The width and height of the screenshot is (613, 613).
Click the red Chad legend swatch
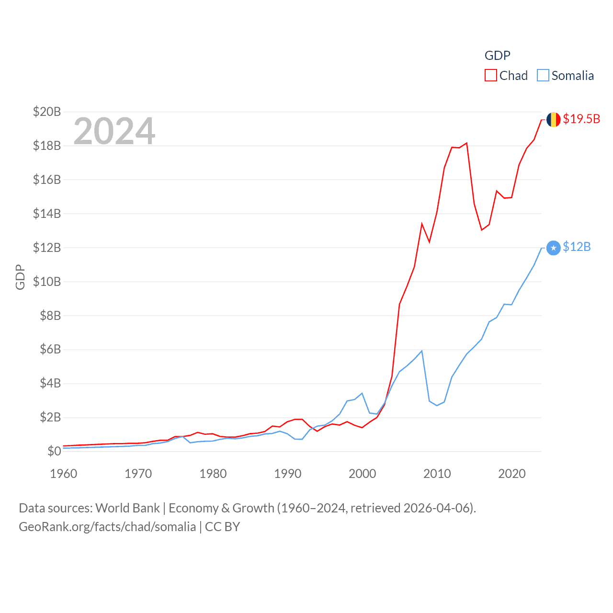(490, 76)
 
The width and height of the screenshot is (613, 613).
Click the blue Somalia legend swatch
(543, 76)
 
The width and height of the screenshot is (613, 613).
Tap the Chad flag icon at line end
(553, 120)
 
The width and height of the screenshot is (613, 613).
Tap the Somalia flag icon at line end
(553, 248)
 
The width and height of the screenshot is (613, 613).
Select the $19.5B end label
(581, 119)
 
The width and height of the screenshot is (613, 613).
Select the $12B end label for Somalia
(577, 247)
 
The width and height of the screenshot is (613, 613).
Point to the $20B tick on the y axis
(47, 112)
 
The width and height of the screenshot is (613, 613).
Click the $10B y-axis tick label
(47, 282)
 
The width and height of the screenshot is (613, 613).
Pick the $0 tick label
(54, 451)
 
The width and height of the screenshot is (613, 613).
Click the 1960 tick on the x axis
(64, 474)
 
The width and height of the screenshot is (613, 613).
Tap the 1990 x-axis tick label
(288, 474)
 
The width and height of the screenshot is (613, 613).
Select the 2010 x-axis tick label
(437, 474)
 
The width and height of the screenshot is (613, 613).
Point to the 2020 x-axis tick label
(512, 474)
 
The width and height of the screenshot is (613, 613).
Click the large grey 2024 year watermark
(114, 131)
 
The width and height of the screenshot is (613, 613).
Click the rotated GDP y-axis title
(20, 277)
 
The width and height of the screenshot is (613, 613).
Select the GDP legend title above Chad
(498, 56)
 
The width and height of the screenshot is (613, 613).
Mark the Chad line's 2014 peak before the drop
(466, 143)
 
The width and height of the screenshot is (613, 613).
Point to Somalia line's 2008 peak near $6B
(422, 351)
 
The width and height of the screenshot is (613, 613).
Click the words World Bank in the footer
(128, 508)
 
